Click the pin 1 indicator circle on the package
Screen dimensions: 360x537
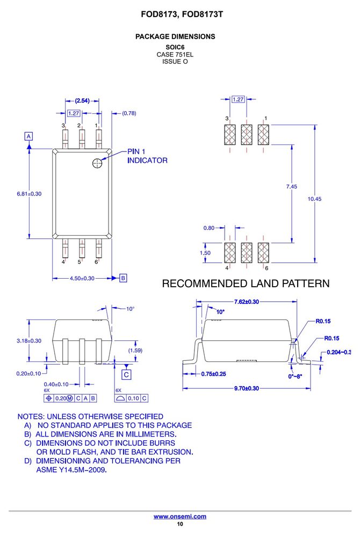(97, 163)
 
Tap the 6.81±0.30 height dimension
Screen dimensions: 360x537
(29, 194)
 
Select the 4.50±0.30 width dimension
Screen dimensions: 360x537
(82, 278)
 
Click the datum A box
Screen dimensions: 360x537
(29, 136)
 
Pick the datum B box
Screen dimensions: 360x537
(123, 278)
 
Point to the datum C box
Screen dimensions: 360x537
(126, 375)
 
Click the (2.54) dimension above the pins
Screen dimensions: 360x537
(82, 101)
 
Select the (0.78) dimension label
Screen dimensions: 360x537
(129, 113)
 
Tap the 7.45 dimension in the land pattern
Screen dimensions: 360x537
(292, 187)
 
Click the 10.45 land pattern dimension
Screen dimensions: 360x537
(314, 199)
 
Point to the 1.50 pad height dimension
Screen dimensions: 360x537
(205, 253)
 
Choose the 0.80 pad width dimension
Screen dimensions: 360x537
(208, 228)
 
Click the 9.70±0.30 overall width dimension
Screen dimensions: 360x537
(247, 388)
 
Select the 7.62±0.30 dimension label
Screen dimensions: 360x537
(247, 302)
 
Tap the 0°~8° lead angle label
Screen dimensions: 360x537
(295, 376)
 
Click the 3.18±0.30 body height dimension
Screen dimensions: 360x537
(29, 341)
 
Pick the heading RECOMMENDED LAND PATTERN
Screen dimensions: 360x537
(246, 284)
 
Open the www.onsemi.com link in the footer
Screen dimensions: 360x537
(180, 517)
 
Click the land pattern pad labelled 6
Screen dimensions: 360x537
(263, 253)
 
